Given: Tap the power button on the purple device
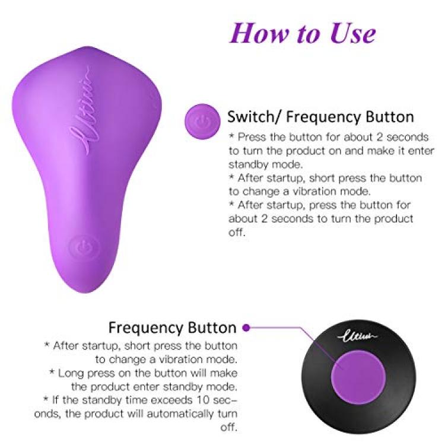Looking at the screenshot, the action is coord(85,247).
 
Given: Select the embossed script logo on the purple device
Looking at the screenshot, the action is coord(85,111).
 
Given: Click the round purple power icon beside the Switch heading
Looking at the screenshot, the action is coord(202,122).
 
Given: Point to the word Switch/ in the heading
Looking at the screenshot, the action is coord(255,117).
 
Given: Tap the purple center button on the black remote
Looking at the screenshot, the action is coord(358,377).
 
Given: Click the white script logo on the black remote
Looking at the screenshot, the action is coord(358,336).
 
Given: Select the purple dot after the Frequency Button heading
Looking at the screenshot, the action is coord(246,328).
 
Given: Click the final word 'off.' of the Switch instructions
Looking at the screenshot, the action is coord(236,232).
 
